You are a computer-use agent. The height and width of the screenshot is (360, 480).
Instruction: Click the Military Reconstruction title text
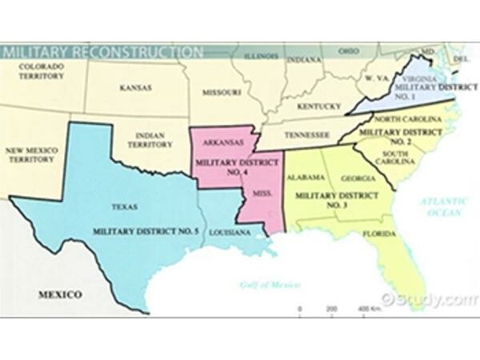(102, 53)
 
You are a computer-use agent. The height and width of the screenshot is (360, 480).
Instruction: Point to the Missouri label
(222, 92)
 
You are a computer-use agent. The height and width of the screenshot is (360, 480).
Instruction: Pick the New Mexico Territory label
(30, 154)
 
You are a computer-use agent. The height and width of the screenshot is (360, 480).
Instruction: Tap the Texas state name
(124, 206)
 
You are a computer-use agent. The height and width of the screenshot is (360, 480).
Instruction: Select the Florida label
(378, 234)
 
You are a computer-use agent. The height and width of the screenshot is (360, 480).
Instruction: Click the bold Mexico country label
(60, 294)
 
